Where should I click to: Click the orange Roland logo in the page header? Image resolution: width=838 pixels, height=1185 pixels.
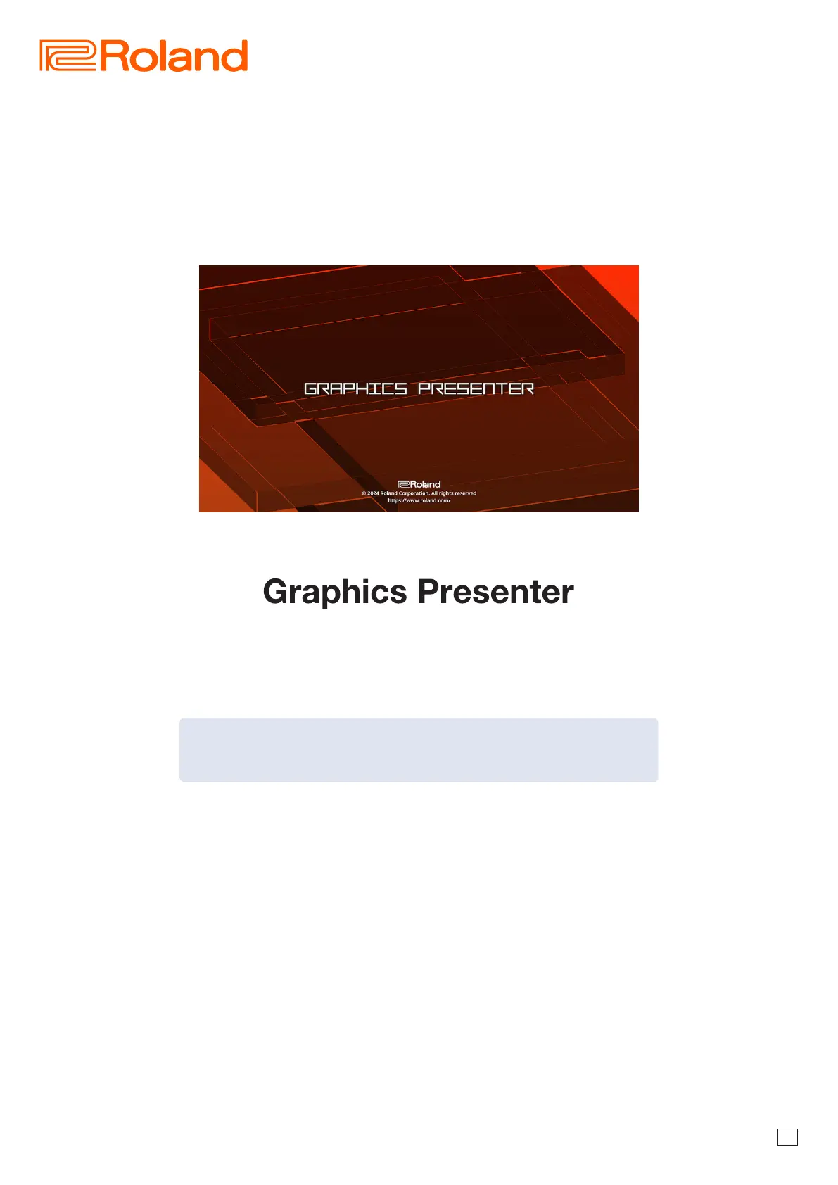click(x=144, y=56)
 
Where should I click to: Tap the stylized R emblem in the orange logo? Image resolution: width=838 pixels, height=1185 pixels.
click(x=68, y=56)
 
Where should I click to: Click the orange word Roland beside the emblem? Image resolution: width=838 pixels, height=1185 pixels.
click(x=174, y=56)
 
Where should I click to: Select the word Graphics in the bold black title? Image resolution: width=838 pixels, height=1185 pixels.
click(x=335, y=592)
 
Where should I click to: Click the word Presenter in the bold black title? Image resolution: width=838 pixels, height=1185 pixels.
click(x=496, y=591)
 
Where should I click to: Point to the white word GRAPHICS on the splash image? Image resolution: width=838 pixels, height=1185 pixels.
click(x=355, y=389)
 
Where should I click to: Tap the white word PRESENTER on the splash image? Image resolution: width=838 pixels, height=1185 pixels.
click(x=476, y=389)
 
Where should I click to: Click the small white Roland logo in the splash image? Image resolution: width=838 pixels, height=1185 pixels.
click(x=419, y=484)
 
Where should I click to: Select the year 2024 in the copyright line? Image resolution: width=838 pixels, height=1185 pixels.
click(x=373, y=493)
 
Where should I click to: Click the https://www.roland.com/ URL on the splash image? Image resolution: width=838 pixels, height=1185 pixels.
click(x=419, y=500)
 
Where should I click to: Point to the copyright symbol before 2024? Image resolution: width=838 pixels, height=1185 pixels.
click(x=364, y=493)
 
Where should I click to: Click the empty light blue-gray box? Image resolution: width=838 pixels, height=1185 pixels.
click(x=419, y=749)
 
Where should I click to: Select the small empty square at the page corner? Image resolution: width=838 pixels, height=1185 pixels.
click(x=787, y=1137)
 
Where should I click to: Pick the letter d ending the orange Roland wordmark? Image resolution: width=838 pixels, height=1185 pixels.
click(x=236, y=56)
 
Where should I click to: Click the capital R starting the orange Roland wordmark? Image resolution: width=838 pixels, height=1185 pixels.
click(x=113, y=56)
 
